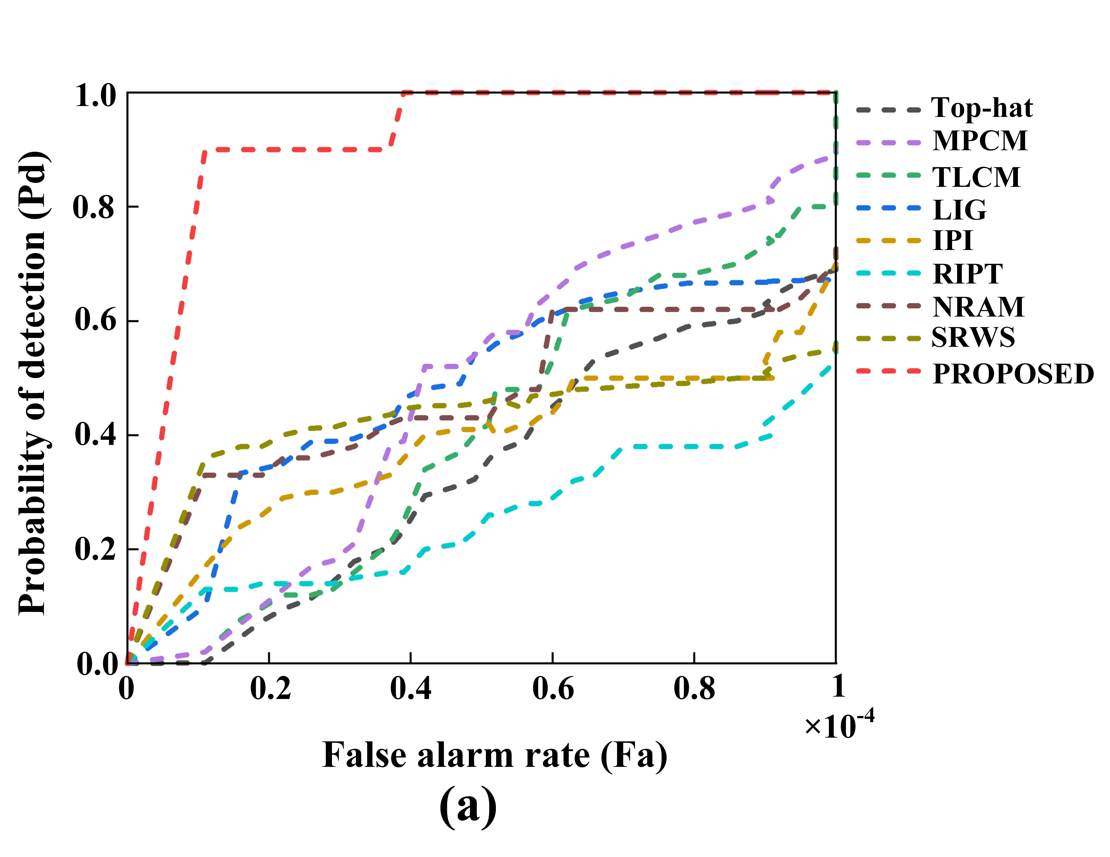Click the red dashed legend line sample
coord(888,371)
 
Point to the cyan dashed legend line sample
coord(888,273)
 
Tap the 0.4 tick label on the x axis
coord(411,689)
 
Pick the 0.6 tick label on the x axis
coord(553,689)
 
